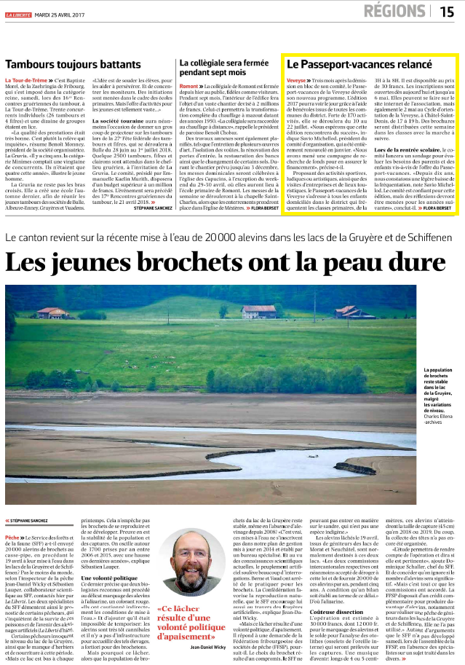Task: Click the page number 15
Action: (x=446, y=11)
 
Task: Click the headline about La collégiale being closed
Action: (x=220, y=68)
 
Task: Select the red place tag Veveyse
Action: (x=296, y=81)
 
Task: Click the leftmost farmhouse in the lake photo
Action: (x=52, y=312)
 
